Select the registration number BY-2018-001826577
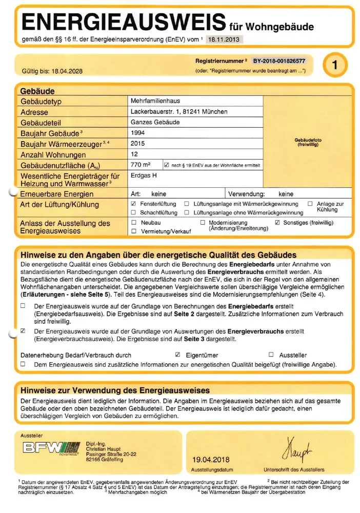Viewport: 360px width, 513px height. point(279,61)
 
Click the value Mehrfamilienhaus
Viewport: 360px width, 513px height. point(155,101)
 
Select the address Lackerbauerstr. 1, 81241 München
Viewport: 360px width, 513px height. point(179,112)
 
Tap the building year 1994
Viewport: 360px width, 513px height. point(138,133)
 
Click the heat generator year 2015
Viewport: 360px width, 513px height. point(138,144)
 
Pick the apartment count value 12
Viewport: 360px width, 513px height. point(134,154)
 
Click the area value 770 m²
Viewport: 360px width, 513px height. point(141,165)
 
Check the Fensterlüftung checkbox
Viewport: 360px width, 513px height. point(134,204)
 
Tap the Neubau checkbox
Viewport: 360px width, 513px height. point(134,223)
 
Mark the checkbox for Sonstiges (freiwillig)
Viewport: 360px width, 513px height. point(277,223)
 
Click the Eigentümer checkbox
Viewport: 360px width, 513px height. point(177,354)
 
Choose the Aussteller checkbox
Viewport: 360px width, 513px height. point(271,354)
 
